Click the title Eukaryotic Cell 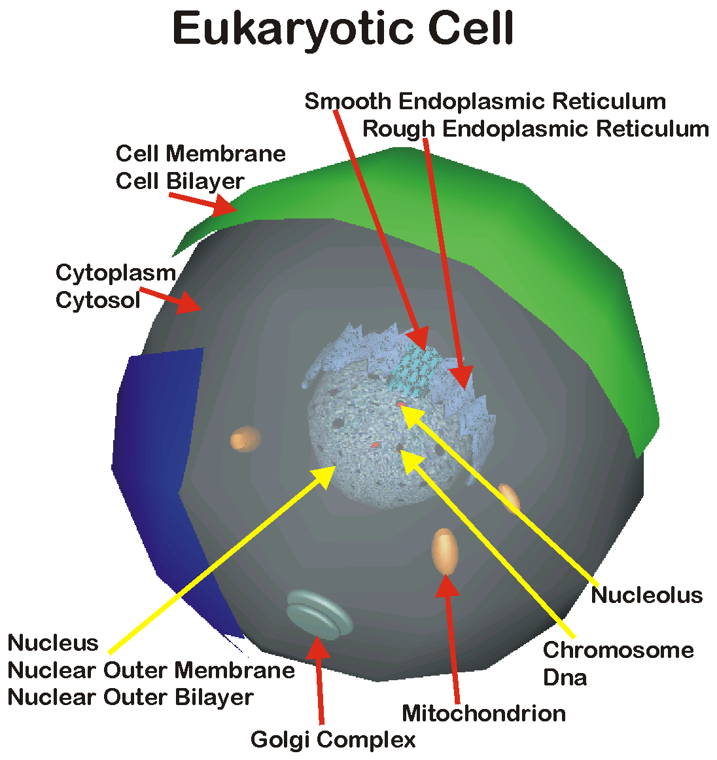pyautogui.click(x=343, y=29)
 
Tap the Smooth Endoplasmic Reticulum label pyautogui.click(x=485, y=101)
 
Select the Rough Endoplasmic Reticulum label pyautogui.click(x=535, y=129)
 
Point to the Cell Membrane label pyautogui.click(x=200, y=154)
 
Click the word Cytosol pyautogui.click(x=97, y=300)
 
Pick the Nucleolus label pyautogui.click(x=646, y=595)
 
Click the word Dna pyautogui.click(x=565, y=678)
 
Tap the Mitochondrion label pyautogui.click(x=483, y=713)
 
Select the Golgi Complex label pyautogui.click(x=333, y=740)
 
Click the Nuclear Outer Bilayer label pyautogui.click(x=130, y=697)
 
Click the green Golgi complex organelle pyautogui.click(x=319, y=613)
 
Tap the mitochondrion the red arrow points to pyautogui.click(x=445, y=551)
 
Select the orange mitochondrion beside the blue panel pyautogui.click(x=245, y=439)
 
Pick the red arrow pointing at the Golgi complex pyautogui.click(x=319, y=680)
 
